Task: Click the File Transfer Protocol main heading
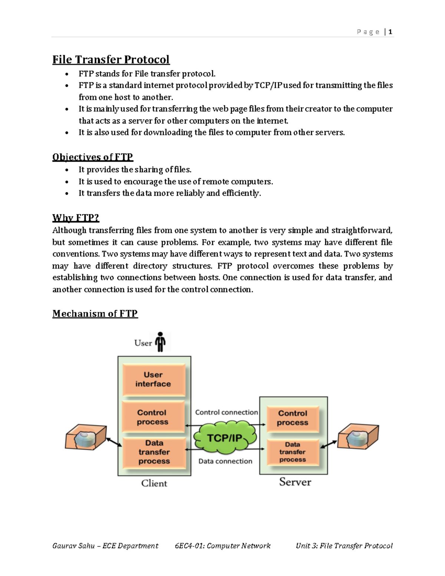(x=111, y=60)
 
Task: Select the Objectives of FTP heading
(x=93, y=157)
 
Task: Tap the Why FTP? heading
(x=76, y=218)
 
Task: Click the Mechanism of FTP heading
(x=95, y=314)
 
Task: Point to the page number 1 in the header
(x=390, y=32)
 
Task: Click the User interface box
(x=154, y=380)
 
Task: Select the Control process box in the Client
(x=153, y=417)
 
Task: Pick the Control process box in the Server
(x=293, y=418)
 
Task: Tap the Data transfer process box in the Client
(x=154, y=452)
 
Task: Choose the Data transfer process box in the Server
(x=293, y=452)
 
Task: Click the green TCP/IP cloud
(x=225, y=438)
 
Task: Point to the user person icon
(x=160, y=342)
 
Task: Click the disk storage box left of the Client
(x=86, y=438)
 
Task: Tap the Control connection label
(x=226, y=412)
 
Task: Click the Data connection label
(x=225, y=461)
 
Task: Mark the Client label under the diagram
(x=154, y=483)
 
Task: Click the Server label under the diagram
(x=295, y=482)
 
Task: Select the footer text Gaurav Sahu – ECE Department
(x=105, y=546)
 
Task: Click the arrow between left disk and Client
(x=114, y=442)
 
